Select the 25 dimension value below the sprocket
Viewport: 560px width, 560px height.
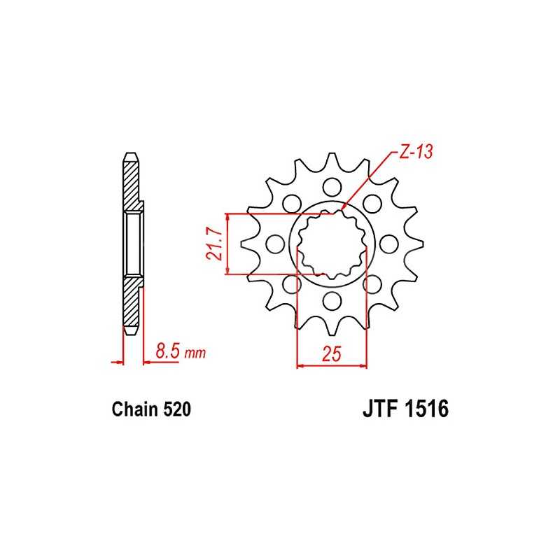pyautogui.click(x=332, y=355)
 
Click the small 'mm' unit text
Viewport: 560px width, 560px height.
pyautogui.click(x=195, y=354)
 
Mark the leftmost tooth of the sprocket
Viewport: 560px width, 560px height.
pyautogui.click(x=246, y=244)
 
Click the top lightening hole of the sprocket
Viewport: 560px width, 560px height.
pyautogui.click(x=332, y=186)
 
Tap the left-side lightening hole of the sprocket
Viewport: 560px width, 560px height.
pyautogui.click(x=275, y=244)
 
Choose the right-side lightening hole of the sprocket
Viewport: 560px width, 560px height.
pyautogui.click(x=389, y=244)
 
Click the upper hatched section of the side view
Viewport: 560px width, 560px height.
pyautogui.click(x=132, y=183)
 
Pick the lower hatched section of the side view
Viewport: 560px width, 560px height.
pyautogui.click(x=132, y=302)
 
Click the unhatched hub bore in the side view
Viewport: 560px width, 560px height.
pyautogui.click(x=134, y=244)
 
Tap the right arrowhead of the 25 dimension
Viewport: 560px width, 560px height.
pyautogui.click(x=363, y=365)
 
